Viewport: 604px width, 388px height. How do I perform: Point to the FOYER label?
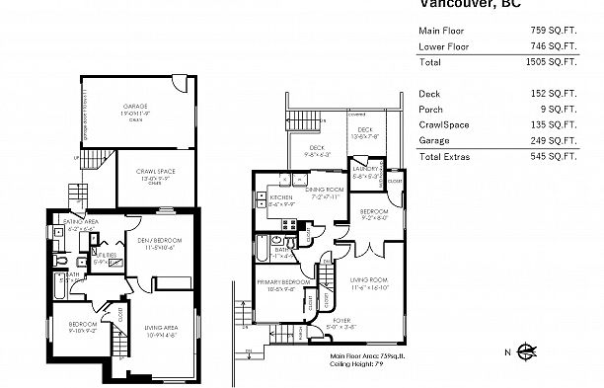coord(340,320)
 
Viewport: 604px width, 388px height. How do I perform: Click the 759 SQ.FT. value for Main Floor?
coord(573,30)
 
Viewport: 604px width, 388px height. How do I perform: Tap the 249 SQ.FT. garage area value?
coord(573,140)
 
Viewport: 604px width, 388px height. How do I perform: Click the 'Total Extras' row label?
coord(446,156)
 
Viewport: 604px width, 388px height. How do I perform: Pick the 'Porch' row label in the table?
coord(430,109)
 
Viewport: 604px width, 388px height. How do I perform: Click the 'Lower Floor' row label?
coord(442,45)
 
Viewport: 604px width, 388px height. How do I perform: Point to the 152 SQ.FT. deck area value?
coord(573,93)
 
